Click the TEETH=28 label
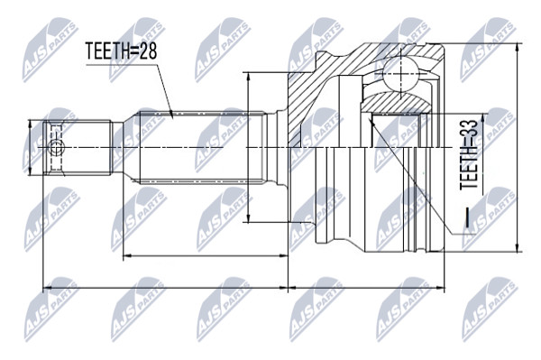point(121,51)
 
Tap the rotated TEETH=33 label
point(469,154)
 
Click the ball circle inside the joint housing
point(400,74)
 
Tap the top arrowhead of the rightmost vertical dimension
point(517,48)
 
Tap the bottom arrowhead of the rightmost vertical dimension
point(517,247)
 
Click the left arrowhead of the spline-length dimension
point(128,255)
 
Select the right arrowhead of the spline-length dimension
point(283,255)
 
